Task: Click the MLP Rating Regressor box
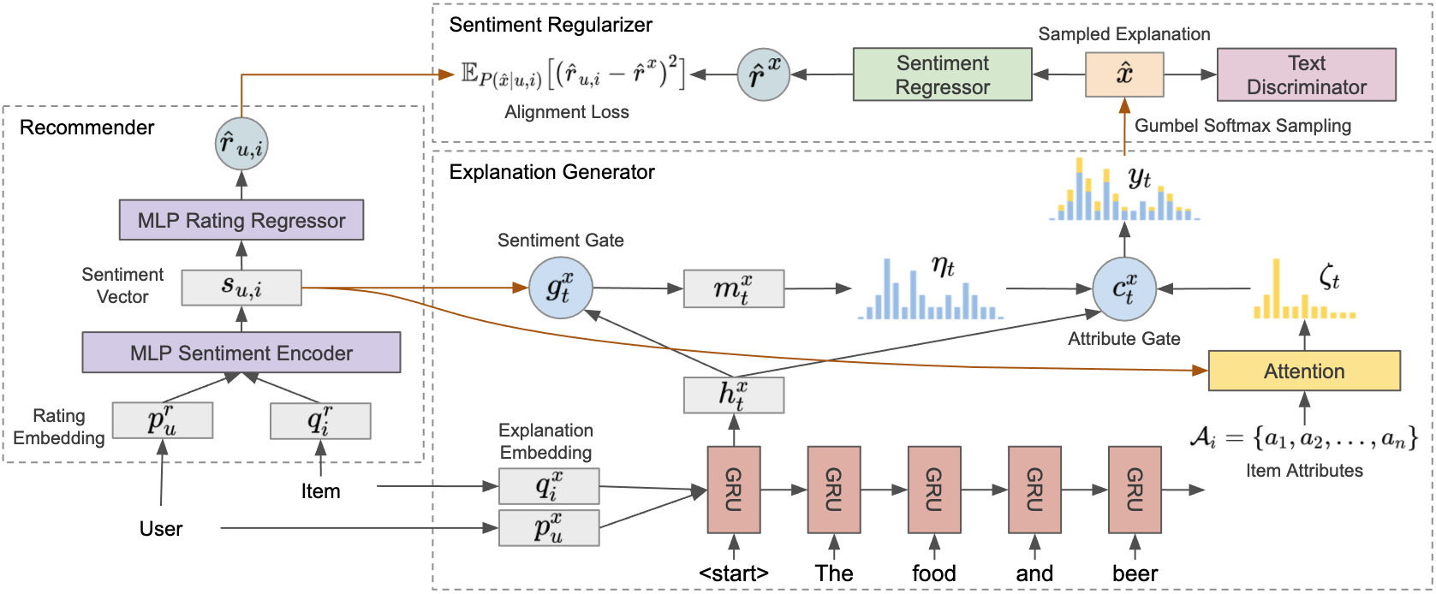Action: [241, 220]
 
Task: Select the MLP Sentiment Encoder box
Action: [241, 353]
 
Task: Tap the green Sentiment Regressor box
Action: [942, 74]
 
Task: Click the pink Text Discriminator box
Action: [1306, 74]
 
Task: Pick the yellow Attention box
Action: [1303, 371]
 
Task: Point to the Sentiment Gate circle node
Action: [560, 288]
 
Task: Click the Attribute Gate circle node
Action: [1124, 288]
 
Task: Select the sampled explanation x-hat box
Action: [1124, 74]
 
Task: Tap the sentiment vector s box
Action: [241, 288]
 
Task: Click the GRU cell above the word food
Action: [934, 490]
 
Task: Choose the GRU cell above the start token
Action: [734, 490]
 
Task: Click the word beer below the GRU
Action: [1135, 573]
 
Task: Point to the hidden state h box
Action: [734, 395]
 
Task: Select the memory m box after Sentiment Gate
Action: [734, 289]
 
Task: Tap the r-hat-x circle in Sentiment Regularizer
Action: [764, 74]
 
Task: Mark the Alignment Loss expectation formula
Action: [572, 74]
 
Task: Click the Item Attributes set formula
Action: [1303, 438]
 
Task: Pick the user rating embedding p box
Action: [163, 420]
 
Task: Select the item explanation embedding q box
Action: [549, 486]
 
